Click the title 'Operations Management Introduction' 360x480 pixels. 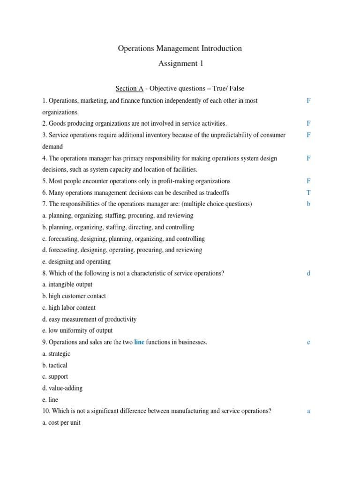point(180,48)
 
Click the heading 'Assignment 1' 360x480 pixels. point(180,64)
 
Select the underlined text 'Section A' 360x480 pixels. point(129,88)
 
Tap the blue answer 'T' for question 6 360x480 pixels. point(308,193)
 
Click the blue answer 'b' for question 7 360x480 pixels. point(308,204)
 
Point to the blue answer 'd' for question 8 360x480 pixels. point(308,273)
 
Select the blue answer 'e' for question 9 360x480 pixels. point(308,342)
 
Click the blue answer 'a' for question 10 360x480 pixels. point(308,411)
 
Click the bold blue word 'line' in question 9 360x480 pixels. point(139,342)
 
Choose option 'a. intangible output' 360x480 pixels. point(70,285)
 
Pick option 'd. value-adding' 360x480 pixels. point(66,388)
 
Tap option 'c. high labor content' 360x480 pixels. point(72,307)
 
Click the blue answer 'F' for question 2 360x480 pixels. point(308,123)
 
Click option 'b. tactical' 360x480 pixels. point(58,365)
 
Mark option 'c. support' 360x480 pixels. point(58,376)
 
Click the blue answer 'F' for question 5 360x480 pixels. point(308,181)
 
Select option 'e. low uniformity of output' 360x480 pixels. point(80,330)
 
